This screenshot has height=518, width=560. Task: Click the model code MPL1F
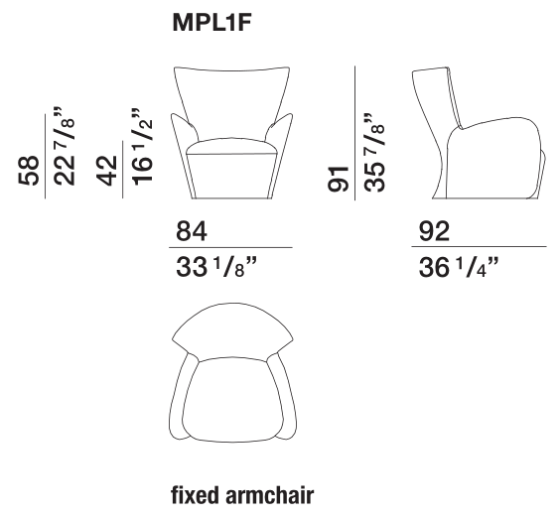coord(212,23)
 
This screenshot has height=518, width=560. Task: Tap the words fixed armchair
coord(242,495)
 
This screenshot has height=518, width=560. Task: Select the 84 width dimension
coord(191,231)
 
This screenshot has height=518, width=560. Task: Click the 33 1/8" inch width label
coord(216,267)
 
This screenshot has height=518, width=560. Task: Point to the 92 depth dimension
coord(434,231)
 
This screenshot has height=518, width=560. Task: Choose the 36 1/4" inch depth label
coord(458,267)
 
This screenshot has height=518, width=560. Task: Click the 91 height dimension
coord(338,180)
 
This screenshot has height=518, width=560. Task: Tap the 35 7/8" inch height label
coord(374,153)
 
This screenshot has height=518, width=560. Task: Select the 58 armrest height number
coord(28,171)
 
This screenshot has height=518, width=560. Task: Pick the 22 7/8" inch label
coord(65,146)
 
